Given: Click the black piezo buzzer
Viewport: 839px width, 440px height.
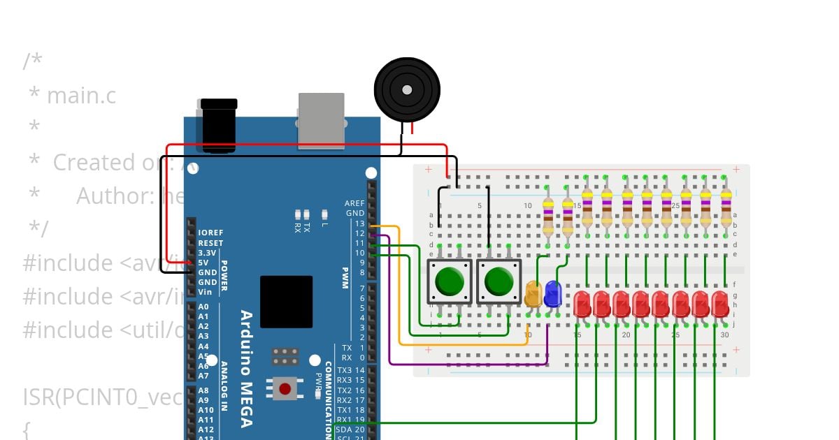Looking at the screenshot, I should click(x=407, y=89).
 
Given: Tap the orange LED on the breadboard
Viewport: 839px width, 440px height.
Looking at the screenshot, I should click(x=533, y=294).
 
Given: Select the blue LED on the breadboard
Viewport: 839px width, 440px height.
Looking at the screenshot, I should click(x=552, y=294).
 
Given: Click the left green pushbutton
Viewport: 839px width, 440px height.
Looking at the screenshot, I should click(x=450, y=281).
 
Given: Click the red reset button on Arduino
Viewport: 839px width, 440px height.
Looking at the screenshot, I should click(x=285, y=388).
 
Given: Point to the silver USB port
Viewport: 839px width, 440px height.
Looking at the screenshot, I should click(x=321, y=120).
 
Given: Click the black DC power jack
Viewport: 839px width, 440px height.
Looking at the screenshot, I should click(x=219, y=126).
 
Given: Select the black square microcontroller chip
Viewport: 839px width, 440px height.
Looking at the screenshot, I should click(x=286, y=302).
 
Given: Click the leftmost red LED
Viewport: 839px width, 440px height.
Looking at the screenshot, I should click(x=582, y=305).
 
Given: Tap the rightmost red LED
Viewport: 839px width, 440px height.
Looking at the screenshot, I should click(x=720, y=305).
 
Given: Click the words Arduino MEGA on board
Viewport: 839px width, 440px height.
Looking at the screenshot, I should click(x=247, y=368).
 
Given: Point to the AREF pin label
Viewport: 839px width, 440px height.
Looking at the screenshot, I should click(x=354, y=203).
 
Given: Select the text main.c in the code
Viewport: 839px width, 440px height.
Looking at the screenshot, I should click(x=72, y=96).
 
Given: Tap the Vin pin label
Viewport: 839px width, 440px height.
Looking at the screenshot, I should click(x=204, y=292).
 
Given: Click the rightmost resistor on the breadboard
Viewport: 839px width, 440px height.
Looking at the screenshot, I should click(x=726, y=208).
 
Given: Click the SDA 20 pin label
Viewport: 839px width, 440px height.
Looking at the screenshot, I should click(x=350, y=429).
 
